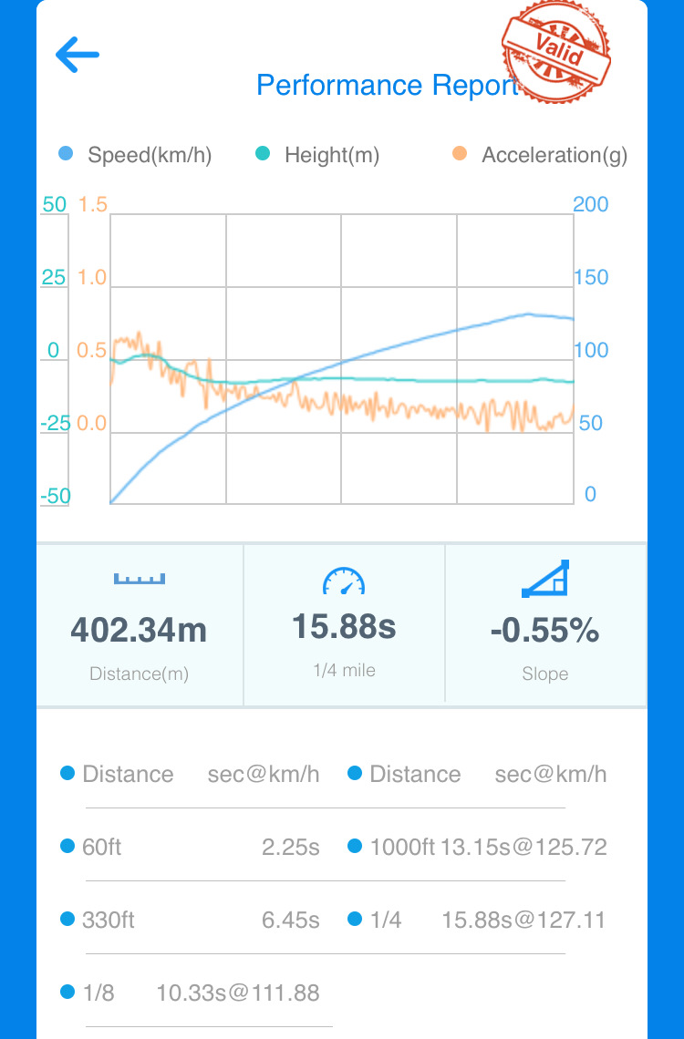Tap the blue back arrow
click(78, 56)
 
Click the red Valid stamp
click(556, 51)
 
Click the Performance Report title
click(387, 85)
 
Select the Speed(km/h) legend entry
click(149, 155)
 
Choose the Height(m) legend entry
click(331, 155)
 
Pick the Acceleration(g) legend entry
click(554, 155)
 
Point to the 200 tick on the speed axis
click(590, 204)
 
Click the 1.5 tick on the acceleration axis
click(93, 204)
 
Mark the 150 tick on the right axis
click(590, 277)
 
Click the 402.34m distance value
click(139, 630)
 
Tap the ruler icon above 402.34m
click(140, 579)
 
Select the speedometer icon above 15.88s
click(344, 581)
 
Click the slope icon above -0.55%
click(545, 579)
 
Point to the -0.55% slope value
click(544, 630)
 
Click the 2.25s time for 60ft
click(290, 847)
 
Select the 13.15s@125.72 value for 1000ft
click(523, 847)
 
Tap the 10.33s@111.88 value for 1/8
click(238, 993)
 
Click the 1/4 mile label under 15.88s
click(344, 670)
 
